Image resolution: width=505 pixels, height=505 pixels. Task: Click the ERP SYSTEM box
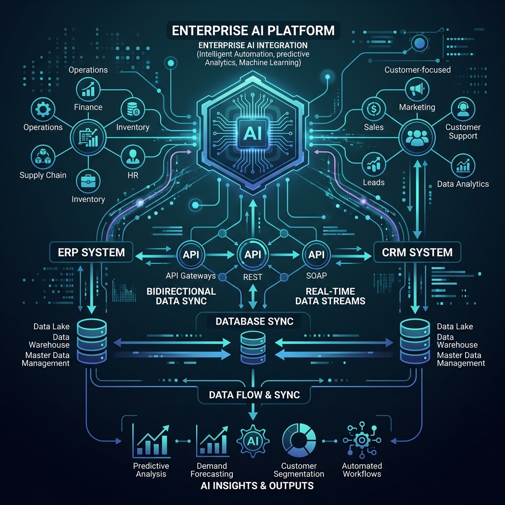click(91, 252)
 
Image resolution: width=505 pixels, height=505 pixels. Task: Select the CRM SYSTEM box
click(417, 252)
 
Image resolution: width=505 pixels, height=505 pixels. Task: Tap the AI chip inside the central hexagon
click(252, 133)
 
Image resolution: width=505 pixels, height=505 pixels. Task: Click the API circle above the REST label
click(252, 254)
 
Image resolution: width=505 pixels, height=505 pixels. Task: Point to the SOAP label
click(317, 276)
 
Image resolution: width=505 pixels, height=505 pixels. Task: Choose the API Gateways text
click(191, 276)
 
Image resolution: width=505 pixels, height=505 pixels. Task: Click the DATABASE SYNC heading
click(254, 322)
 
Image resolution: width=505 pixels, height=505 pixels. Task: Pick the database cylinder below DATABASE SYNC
click(253, 348)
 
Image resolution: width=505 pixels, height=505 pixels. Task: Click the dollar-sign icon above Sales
click(374, 109)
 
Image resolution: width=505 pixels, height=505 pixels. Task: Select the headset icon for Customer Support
click(463, 109)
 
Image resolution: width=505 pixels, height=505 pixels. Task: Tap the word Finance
click(88, 107)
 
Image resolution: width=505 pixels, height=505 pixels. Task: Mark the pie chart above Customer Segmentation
click(299, 440)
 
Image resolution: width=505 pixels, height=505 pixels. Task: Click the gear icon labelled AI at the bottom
click(253, 441)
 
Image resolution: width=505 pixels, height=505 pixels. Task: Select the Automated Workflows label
click(362, 470)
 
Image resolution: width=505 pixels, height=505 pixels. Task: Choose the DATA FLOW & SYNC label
click(254, 395)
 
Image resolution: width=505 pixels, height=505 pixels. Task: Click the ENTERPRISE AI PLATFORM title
click(253, 31)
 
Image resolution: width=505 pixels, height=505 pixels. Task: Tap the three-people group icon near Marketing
click(417, 138)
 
